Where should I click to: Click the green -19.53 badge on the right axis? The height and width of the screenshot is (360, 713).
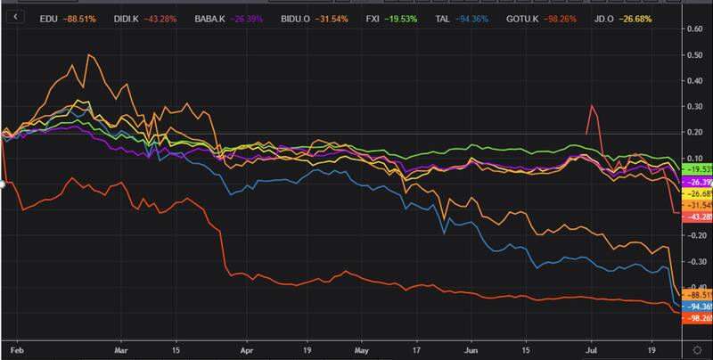pos(696,169)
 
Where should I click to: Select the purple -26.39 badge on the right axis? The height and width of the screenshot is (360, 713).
pos(696,182)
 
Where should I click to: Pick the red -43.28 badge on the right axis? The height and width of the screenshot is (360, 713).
pos(696,217)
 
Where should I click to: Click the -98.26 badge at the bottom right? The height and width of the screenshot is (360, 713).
pos(696,318)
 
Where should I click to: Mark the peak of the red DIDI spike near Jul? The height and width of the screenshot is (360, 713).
pos(591,105)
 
